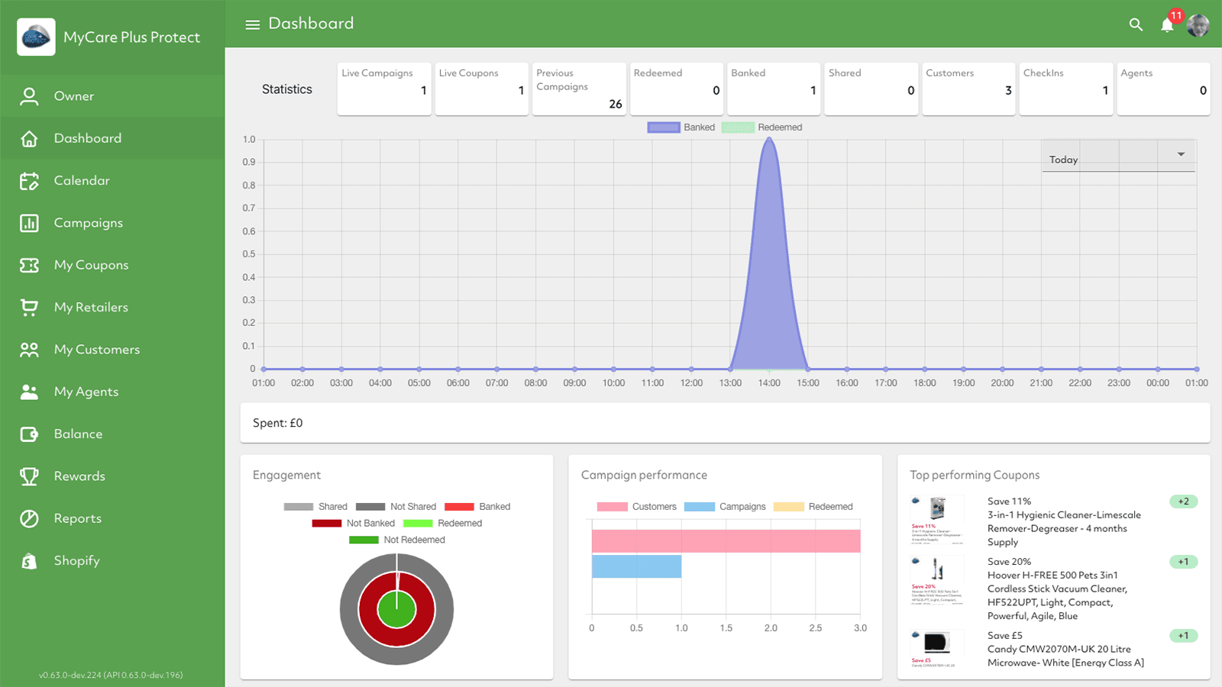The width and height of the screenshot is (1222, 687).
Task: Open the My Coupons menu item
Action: coord(90,265)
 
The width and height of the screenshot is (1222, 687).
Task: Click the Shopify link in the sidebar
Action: coord(76,560)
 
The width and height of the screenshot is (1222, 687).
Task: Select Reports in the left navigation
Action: coord(77,518)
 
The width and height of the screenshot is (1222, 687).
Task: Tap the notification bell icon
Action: coord(1166,25)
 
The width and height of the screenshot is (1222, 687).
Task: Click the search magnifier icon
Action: coord(1136,24)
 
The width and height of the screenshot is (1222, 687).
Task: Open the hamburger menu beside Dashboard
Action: coord(252,24)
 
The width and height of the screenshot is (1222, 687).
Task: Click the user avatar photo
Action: coord(1198,25)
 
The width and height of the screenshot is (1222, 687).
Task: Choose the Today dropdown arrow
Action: coord(1181,154)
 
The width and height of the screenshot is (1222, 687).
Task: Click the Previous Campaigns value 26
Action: coord(616,104)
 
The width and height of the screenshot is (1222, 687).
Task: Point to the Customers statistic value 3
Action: coord(1008,90)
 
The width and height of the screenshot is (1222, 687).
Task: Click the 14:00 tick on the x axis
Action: coord(769,383)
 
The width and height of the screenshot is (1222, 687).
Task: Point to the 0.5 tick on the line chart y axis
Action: coord(249,254)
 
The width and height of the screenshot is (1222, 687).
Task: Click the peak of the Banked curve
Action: coord(769,139)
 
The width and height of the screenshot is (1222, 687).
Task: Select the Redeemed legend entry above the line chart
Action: coord(779,127)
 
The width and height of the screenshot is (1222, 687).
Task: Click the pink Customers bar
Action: coord(726,541)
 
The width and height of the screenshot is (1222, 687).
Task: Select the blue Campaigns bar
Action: coord(636,566)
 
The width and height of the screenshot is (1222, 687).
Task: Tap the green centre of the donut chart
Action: coord(396,611)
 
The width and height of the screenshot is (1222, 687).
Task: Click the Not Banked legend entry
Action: coord(370,524)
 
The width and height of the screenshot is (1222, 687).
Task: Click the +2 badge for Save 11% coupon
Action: coord(1183,502)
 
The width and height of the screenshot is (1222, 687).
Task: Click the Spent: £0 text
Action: coord(278,423)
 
